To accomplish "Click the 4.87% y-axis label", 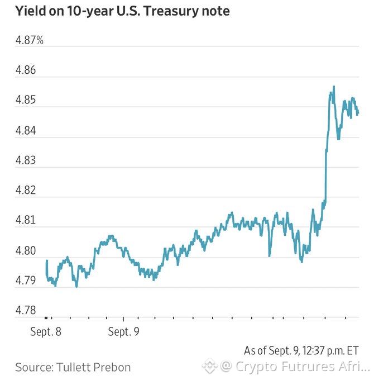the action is click(x=29, y=40).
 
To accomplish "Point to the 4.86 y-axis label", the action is click(x=26, y=70).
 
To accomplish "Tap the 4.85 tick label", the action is click(x=26, y=100).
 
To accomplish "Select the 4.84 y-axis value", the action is click(x=26, y=130).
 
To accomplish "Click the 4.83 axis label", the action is click(x=26, y=160).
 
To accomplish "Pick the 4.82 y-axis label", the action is click(x=26, y=190).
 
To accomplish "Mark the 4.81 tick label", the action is click(x=26, y=220).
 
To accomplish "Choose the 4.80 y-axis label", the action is click(x=26, y=250).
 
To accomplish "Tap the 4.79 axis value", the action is click(x=26, y=281).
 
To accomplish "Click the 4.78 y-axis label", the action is click(x=26, y=310).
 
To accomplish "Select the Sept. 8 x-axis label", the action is click(x=46, y=332).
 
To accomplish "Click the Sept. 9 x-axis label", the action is click(x=124, y=332).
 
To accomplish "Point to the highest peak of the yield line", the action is click(x=334, y=86).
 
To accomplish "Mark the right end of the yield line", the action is click(x=358, y=112).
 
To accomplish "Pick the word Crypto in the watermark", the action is click(x=257, y=367).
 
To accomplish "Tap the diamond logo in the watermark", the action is click(x=209, y=366).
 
